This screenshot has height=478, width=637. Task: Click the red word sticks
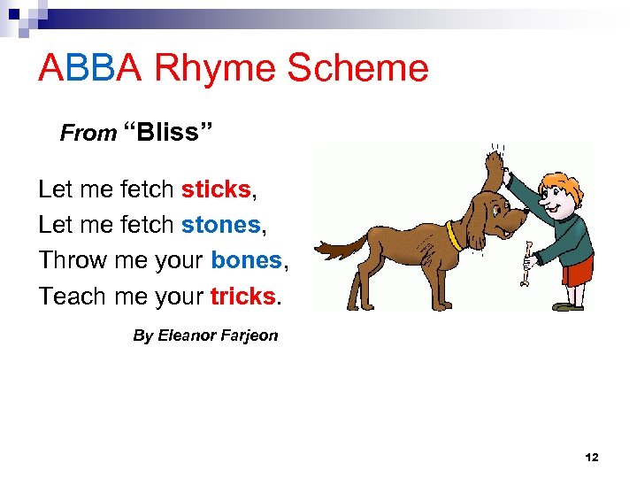point(216,189)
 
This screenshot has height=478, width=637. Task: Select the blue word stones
point(221,225)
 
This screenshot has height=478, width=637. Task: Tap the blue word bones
point(246,260)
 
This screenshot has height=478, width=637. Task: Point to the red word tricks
point(243,296)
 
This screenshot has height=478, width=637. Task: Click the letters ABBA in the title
point(89,69)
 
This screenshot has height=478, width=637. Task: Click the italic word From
point(88,134)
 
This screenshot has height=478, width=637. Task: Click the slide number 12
point(592,458)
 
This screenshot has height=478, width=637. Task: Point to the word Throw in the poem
point(71,260)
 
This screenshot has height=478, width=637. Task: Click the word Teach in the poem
point(72,296)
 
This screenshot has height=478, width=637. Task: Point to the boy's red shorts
point(578,272)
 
